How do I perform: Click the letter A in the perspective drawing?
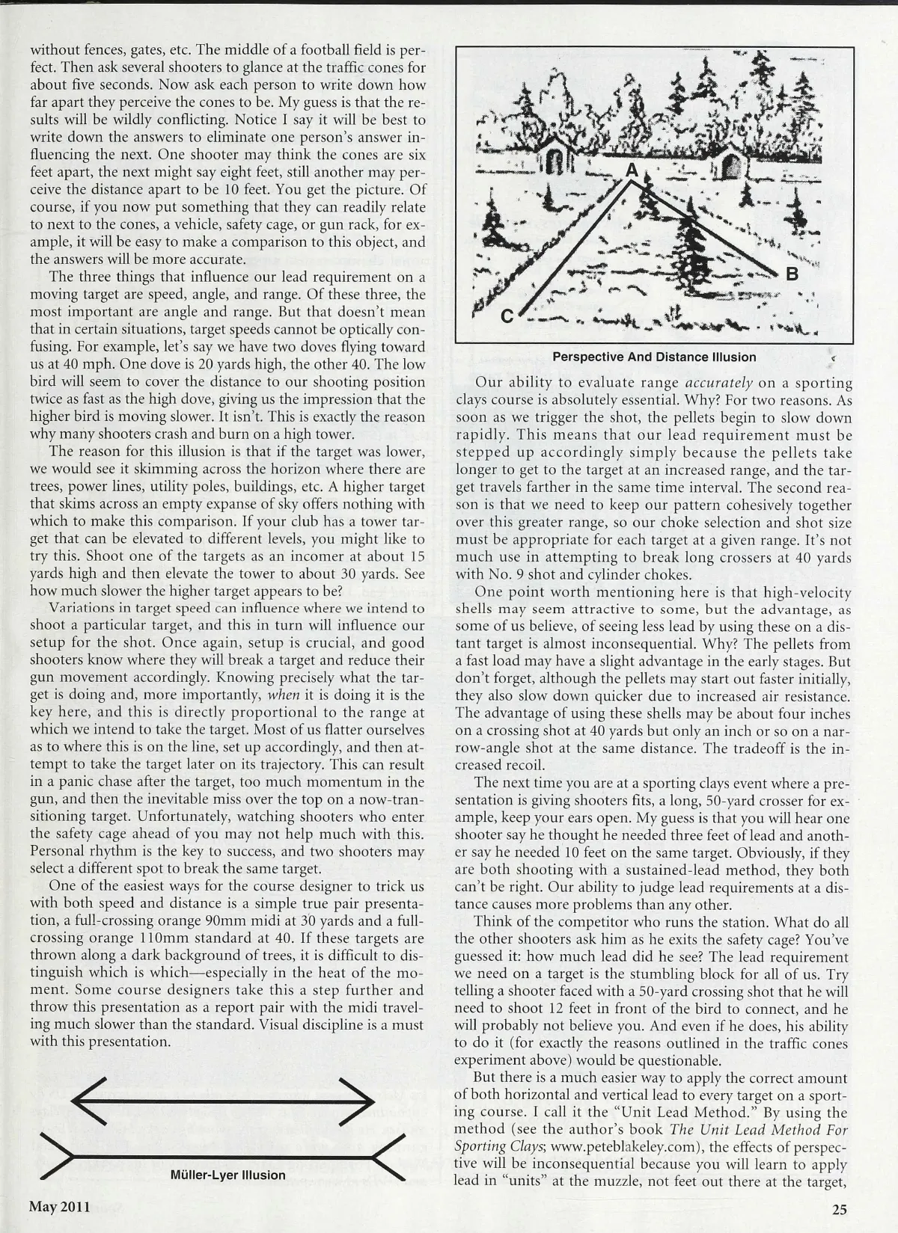tap(632, 171)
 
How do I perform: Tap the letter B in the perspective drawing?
tap(792, 274)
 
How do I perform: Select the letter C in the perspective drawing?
tap(507, 316)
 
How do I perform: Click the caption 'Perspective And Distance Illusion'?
tap(654, 357)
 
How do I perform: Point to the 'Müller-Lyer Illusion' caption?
tap(228, 1175)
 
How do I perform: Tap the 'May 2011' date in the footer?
tap(60, 1206)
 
